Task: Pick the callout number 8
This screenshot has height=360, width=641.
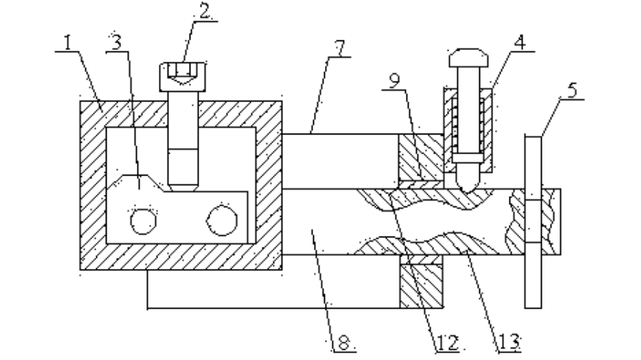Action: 340,342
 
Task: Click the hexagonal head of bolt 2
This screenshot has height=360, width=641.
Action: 182,73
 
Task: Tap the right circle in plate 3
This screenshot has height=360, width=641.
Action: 221,220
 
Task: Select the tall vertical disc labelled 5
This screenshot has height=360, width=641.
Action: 534,220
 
